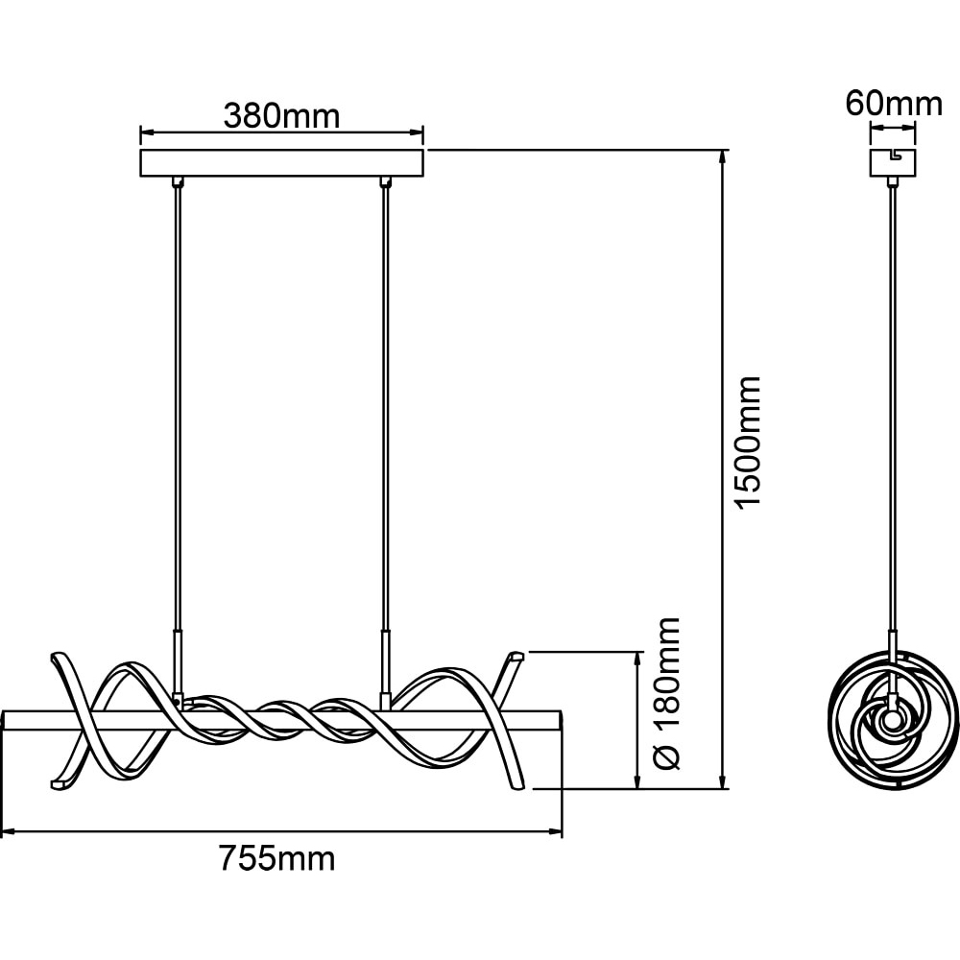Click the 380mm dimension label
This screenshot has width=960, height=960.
click(281, 116)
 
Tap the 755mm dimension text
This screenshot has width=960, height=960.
click(277, 858)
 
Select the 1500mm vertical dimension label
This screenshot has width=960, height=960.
click(748, 442)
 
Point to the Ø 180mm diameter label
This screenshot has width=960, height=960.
click(666, 693)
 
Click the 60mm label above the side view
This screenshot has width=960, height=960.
click(894, 104)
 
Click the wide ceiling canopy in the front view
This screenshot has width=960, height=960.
click(281, 163)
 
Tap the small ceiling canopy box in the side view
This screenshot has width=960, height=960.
click(893, 162)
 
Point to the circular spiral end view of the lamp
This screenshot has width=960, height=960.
click(893, 724)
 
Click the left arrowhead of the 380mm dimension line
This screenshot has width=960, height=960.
click(145, 132)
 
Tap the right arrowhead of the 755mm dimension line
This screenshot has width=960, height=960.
click(557, 832)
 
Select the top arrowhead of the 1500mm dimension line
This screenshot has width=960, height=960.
click(724, 155)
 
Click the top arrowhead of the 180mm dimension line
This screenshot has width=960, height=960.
click(638, 659)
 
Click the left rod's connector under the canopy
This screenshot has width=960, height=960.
click(178, 181)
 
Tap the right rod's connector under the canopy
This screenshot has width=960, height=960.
click(385, 181)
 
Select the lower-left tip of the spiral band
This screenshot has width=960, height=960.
click(59, 783)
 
